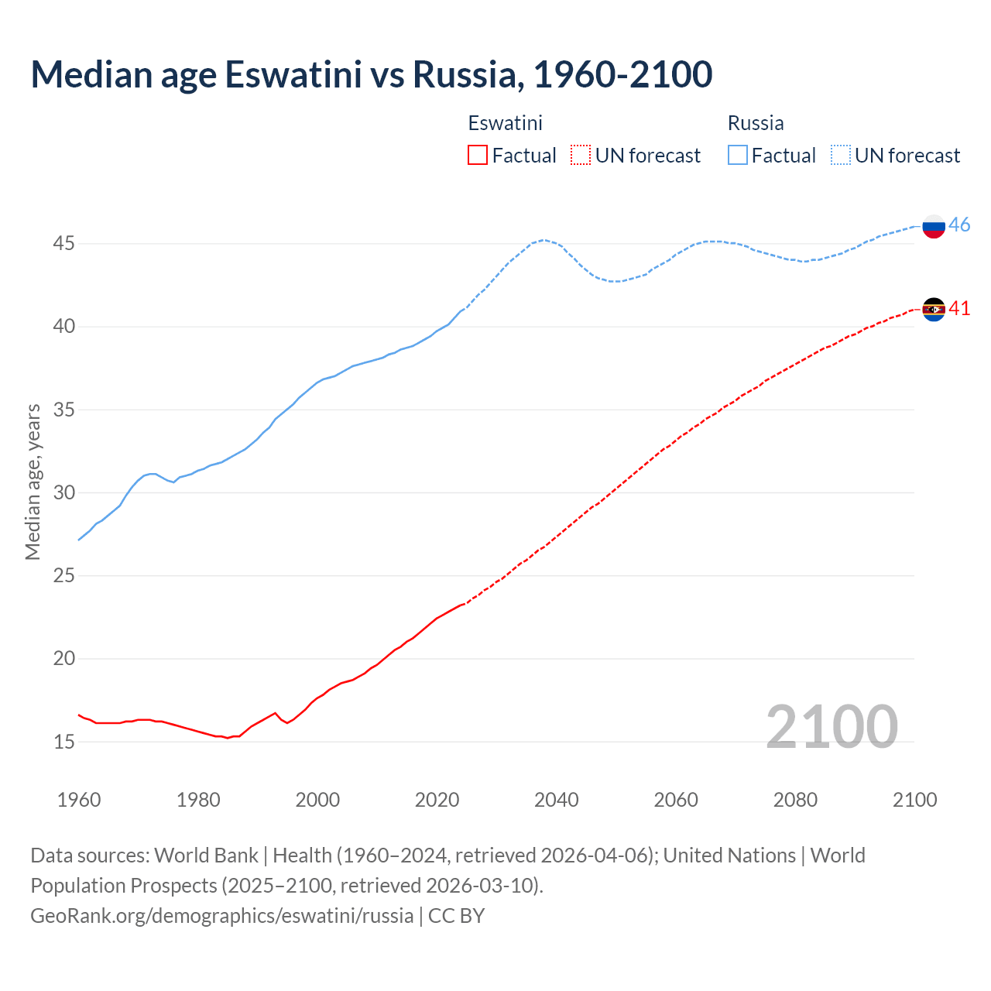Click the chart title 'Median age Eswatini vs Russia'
click(x=371, y=74)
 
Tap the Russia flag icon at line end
click(x=934, y=226)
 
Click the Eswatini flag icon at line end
click(x=934, y=310)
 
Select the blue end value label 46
click(x=959, y=225)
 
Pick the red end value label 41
click(x=959, y=309)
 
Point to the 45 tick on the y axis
click(x=63, y=244)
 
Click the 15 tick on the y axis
click(x=63, y=742)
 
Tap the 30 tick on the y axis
click(x=63, y=492)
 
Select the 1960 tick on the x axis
click(x=79, y=800)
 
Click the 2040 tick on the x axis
click(x=556, y=800)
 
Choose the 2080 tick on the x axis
click(x=795, y=800)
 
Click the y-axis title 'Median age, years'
click(x=33, y=482)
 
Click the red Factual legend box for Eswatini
click(x=478, y=156)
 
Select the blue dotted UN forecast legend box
click(x=840, y=156)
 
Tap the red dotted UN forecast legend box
click(x=581, y=156)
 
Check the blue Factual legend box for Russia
click(x=738, y=156)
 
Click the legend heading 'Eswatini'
click(x=505, y=123)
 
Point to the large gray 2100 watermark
click(x=832, y=727)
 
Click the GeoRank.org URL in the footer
click(x=221, y=916)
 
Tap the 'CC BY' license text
click(x=456, y=916)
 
